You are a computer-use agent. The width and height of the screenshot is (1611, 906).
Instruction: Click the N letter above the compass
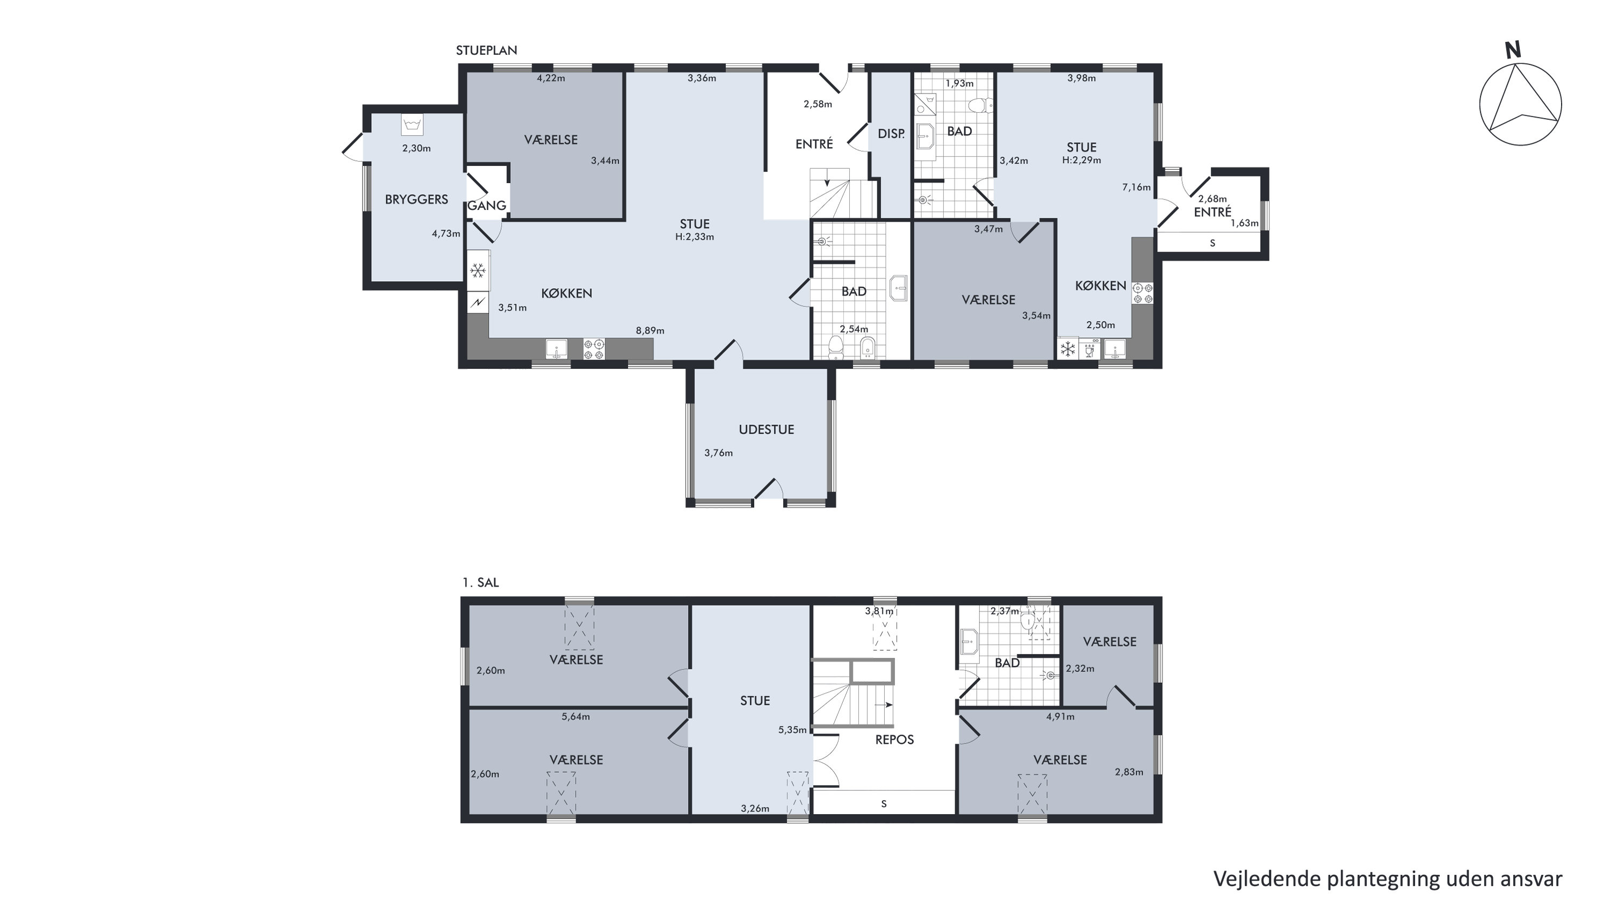[1513, 50]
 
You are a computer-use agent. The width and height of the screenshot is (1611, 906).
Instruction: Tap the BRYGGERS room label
[416, 199]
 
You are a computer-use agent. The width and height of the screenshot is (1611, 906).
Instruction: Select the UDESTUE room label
[766, 430]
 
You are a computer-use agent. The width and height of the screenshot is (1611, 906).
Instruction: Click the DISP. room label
[891, 134]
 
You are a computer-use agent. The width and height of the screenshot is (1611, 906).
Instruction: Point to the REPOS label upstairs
[894, 740]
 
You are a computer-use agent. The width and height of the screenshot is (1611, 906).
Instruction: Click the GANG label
[487, 206]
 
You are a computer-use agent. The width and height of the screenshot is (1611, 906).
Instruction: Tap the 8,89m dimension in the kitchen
[650, 331]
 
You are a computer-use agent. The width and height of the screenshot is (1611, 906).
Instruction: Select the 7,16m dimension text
[1136, 187]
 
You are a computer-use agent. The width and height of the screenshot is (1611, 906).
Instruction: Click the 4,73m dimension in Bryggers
[446, 234]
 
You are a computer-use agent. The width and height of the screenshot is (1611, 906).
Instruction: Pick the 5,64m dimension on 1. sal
[575, 716]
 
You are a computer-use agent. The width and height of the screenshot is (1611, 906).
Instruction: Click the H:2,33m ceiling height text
[694, 237]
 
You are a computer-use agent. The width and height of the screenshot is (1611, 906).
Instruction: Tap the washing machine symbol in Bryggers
[412, 125]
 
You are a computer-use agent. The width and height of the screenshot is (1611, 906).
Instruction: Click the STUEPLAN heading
[487, 50]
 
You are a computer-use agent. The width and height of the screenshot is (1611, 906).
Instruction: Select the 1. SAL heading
[480, 583]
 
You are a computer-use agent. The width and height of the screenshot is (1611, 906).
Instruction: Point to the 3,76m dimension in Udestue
[718, 453]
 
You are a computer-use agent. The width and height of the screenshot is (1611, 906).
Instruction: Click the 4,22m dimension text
[551, 79]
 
